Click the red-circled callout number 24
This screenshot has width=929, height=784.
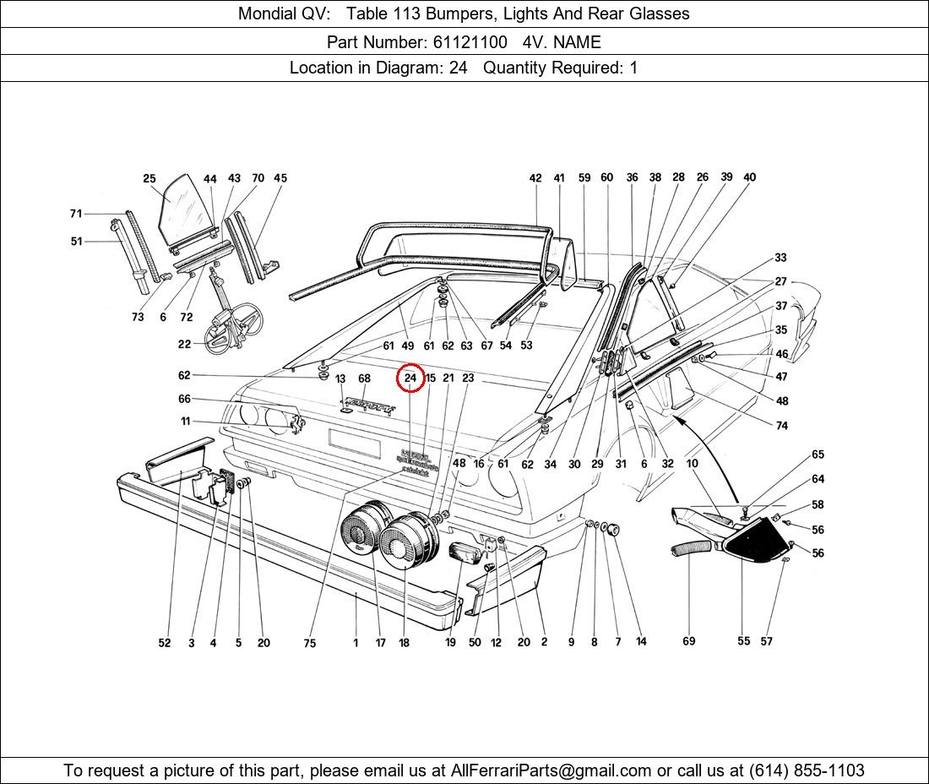click(x=410, y=378)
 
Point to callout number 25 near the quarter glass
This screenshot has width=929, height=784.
click(x=149, y=178)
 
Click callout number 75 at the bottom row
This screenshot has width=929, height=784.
click(x=310, y=643)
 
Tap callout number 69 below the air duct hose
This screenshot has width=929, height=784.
click(x=689, y=641)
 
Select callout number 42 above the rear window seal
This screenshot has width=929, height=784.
click(x=535, y=178)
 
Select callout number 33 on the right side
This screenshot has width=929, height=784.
click(x=780, y=258)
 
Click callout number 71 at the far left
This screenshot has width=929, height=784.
click(x=76, y=214)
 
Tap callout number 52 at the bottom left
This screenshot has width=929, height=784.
click(x=165, y=643)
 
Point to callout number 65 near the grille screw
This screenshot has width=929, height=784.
click(x=818, y=455)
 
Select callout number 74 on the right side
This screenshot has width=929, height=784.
click(x=782, y=426)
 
